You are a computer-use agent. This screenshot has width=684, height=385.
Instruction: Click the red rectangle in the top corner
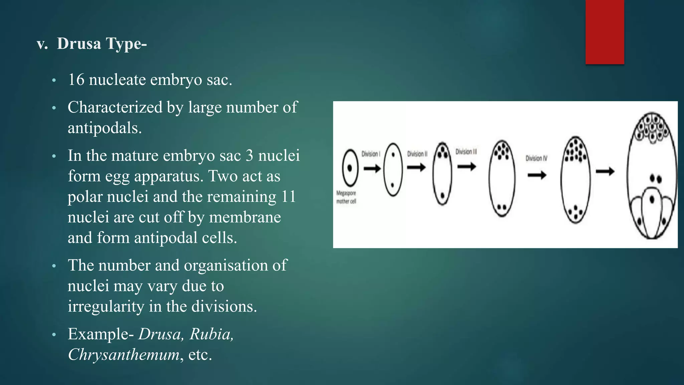(605, 32)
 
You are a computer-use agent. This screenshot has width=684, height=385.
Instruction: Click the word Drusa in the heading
(79, 43)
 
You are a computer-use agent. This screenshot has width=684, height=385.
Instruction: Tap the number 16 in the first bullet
(76, 80)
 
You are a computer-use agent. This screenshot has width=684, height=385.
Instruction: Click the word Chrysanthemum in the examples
(124, 355)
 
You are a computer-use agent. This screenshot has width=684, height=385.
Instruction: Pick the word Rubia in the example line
(211, 334)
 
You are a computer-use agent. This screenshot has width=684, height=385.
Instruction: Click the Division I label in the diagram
(371, 154)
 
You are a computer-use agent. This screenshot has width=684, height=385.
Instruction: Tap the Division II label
(417, 154)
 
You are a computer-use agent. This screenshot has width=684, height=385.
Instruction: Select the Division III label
(466, 152)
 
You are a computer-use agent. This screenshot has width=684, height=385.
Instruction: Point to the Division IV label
(536, 158)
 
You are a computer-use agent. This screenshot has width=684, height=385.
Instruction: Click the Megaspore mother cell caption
(346, 197)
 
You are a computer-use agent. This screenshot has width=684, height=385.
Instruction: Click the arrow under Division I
(372, 168)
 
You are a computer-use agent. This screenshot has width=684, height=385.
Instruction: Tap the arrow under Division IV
(537, 175)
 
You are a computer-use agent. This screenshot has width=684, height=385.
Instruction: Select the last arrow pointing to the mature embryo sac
(605, 171)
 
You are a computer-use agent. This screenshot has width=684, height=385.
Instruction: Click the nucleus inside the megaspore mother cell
(350, 168)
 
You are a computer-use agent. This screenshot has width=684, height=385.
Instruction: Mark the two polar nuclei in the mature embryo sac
(656, 179)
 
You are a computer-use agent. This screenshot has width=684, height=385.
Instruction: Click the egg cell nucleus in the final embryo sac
(652, 200)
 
